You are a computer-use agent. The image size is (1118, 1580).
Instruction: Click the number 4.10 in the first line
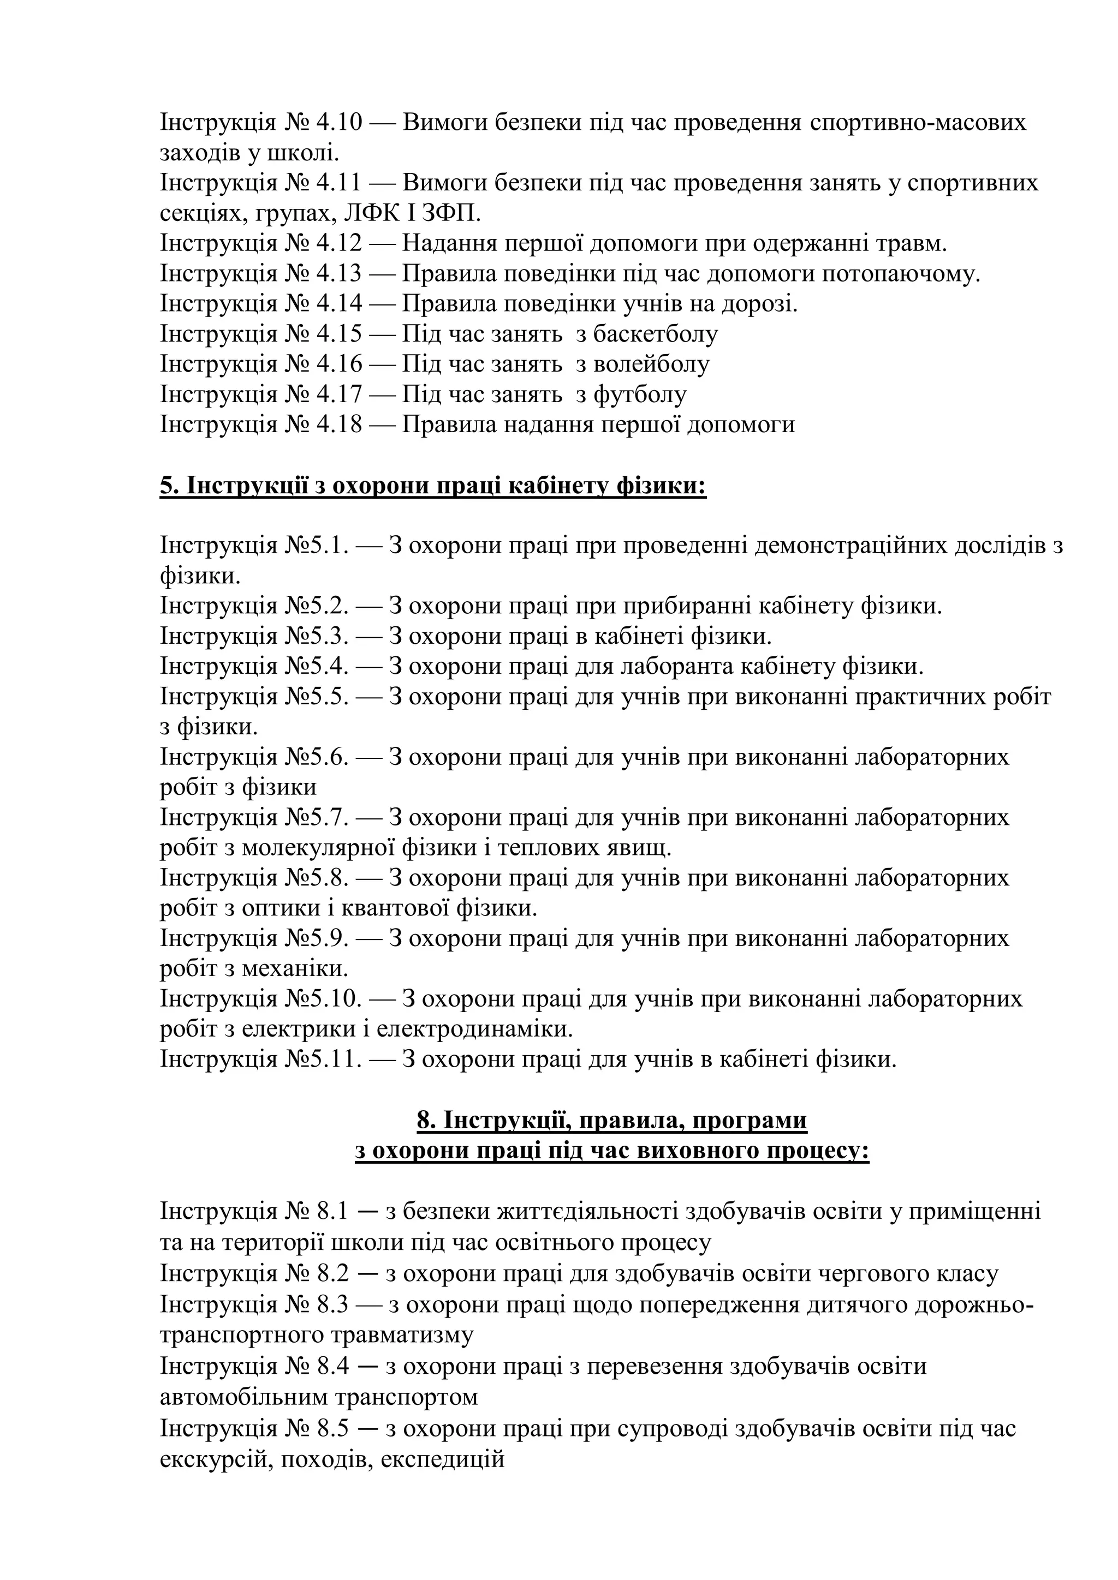point(338,123)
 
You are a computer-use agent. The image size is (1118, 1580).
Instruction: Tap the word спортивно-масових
point(918,123)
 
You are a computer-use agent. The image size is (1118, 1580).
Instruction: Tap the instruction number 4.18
point(338,424)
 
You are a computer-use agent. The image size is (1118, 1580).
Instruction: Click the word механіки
point(295,969)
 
